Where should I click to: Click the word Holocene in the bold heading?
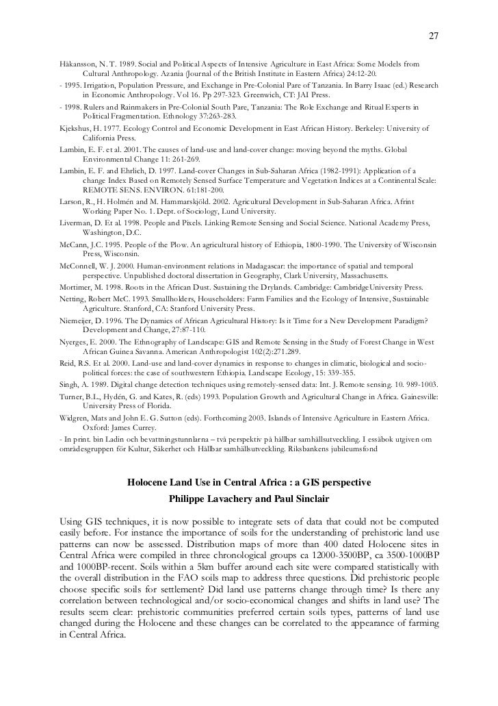[x=153, y=483]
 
